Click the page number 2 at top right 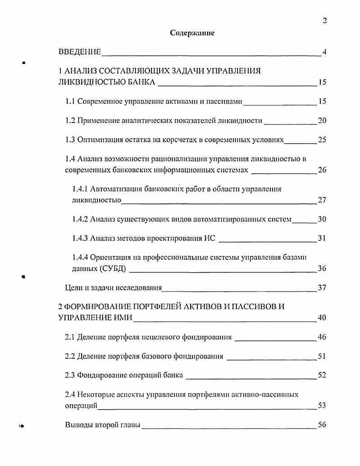click(x=324, y=20)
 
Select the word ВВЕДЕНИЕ click(x=80, y=52)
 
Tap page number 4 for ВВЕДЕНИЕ click(x=324, y=52)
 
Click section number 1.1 click(x=70, y=101)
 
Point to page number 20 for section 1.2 click(x=322, y=120)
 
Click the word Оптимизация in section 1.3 click(x=98, y=140)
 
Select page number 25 click(x=322, y=140)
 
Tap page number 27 click(x=322, y=200)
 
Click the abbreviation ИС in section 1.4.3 click(x=210, y=238)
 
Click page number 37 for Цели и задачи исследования click(x=322, y=288)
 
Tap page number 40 click(x=322, y=318)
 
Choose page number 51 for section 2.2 click(x=322, y=356)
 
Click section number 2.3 click(x=70, y=375)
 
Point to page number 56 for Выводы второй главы click(x=322, y=425)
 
